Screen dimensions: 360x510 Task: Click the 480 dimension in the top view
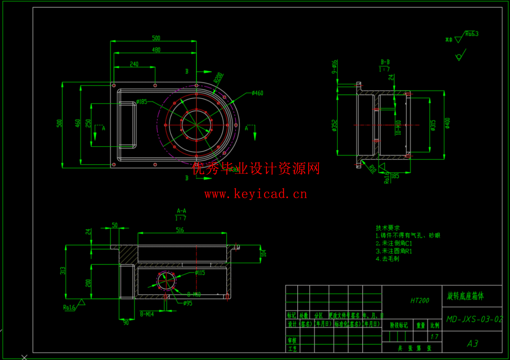point(156,50)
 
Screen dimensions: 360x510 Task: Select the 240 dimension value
point(134,64)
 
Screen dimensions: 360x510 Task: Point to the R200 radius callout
point(218,78)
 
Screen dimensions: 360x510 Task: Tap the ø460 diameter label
point(257,93)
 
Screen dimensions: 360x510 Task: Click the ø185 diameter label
point(142,101)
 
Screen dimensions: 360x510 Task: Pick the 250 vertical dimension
point(88,124)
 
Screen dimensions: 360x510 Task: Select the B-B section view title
point(385,62)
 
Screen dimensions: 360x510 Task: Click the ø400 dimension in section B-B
point(447,123)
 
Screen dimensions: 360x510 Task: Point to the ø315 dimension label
point(433,125)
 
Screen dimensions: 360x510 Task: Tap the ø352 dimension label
point(334,125)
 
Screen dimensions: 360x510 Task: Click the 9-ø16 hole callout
point(334,67)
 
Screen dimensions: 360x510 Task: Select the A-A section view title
point(181,211)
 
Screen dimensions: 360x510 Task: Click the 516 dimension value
point(180,230)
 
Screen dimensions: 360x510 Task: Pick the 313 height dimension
point(63,271)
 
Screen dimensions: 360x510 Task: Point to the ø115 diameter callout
point(200,273)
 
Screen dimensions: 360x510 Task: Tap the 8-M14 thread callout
point(147,314)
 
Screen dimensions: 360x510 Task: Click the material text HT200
point(419,300)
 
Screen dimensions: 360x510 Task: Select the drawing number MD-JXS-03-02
point(474,319)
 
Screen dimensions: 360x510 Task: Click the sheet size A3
point(472,343)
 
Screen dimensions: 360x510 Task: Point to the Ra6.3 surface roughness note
point(472,34)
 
